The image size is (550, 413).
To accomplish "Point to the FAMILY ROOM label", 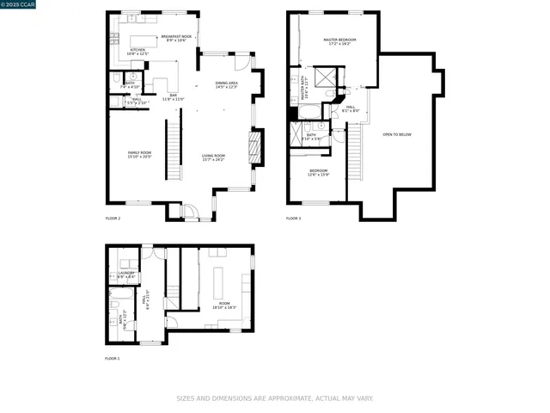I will [x=139, y=154].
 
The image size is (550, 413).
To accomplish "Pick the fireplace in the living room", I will [x=254, y=147].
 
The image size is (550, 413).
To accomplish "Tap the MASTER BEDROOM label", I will [x=339, y=41].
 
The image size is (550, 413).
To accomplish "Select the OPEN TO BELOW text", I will [x=397, y=134].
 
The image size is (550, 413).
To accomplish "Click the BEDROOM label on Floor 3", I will [x=319, y=172].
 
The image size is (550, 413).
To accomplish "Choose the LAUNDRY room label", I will [x=126, y=274].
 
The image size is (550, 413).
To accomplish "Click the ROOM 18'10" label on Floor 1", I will [x=224, y=305].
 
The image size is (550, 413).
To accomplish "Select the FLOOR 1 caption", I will [x=113, y=358].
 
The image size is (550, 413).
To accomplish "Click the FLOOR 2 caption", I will [x=113, y=219].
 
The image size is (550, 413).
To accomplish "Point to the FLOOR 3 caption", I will [x=294, y=219].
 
